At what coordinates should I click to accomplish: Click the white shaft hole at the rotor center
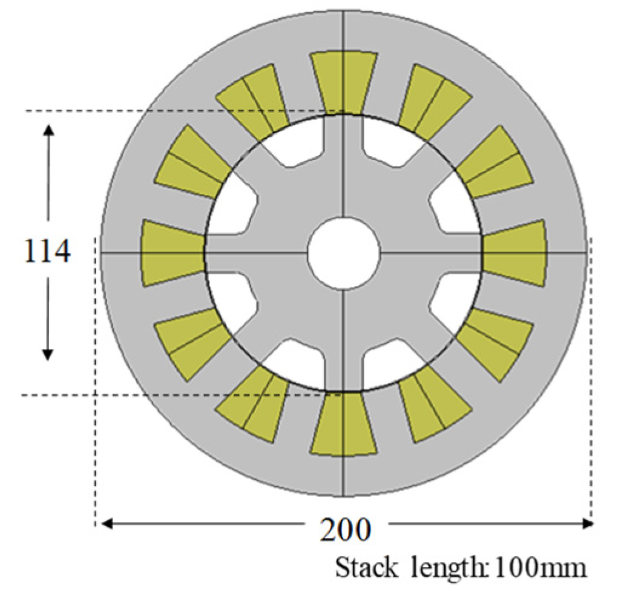pos(343,253)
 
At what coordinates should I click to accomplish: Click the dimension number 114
pos(48,251)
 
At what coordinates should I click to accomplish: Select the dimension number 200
pos(345,531)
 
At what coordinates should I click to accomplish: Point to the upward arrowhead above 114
pos(48,130)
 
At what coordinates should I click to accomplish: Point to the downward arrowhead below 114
pos(48,354)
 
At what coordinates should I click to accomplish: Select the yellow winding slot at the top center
pos(343,82)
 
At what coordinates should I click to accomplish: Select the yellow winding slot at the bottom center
pos(343,424)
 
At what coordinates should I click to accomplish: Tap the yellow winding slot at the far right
pos(515,253)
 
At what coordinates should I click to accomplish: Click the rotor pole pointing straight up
pos(343,164)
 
